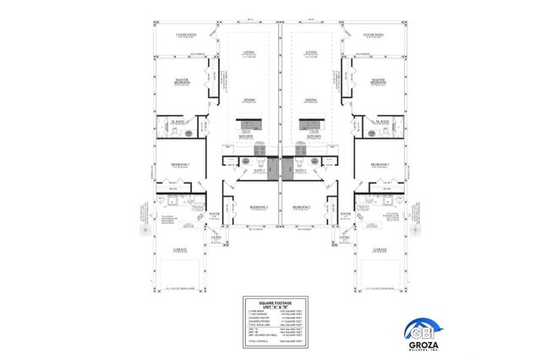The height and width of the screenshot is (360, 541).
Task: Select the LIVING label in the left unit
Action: pos(249,53)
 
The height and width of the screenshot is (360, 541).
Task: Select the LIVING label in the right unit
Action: pos(311,53)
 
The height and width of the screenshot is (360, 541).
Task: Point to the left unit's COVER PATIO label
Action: pos(186,35)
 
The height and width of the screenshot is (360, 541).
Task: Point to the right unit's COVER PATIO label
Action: pos(374,35)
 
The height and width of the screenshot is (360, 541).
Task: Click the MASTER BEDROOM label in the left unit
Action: pos(181,81)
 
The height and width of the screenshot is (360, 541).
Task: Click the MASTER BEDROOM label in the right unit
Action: pos(380,81)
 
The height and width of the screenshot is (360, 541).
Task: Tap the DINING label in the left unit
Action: pos(249,101)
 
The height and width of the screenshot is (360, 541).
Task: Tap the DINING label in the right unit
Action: pos(311,101)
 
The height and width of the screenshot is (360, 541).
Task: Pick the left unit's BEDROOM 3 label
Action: pos(180,163)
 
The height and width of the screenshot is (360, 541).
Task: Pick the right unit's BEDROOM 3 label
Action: pos(380,163)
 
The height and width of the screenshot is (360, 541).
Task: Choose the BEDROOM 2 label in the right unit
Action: pos(302,206)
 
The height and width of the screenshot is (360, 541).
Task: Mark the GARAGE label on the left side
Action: pos(180,249)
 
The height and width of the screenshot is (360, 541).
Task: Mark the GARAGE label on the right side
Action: pos(380,249)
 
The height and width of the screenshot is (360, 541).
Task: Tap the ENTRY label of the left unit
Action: pos(215,239)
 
